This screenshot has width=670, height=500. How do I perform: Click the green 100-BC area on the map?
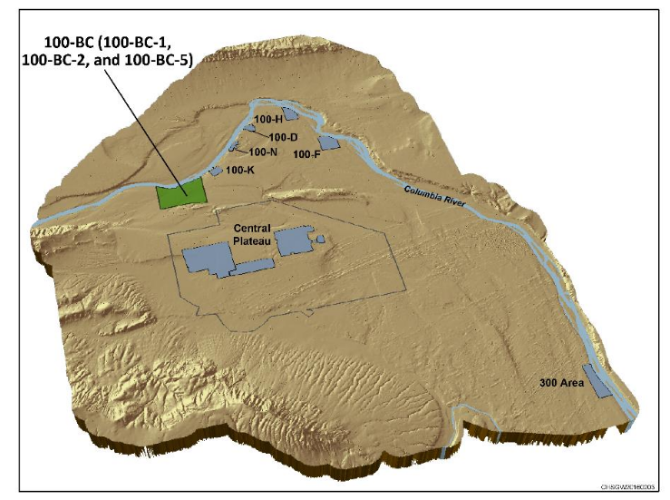(181, 194)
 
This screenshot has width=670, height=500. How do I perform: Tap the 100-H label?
(269, 120)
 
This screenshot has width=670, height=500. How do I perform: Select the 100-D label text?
(283, 137)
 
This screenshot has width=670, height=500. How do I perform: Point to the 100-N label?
(262, 152)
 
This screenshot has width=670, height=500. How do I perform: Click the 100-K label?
(240, 169)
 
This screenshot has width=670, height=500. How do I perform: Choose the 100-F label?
(306, 154)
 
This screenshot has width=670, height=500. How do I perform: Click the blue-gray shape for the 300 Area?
(597, 381)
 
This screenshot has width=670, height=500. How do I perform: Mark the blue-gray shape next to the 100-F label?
(328, 143)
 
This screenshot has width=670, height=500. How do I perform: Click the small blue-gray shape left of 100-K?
(216, 170)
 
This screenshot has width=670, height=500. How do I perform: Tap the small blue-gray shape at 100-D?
(248, 129)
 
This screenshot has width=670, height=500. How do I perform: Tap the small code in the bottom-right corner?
(635, 487)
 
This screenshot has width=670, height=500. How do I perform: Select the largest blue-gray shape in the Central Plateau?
(207, 260)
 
